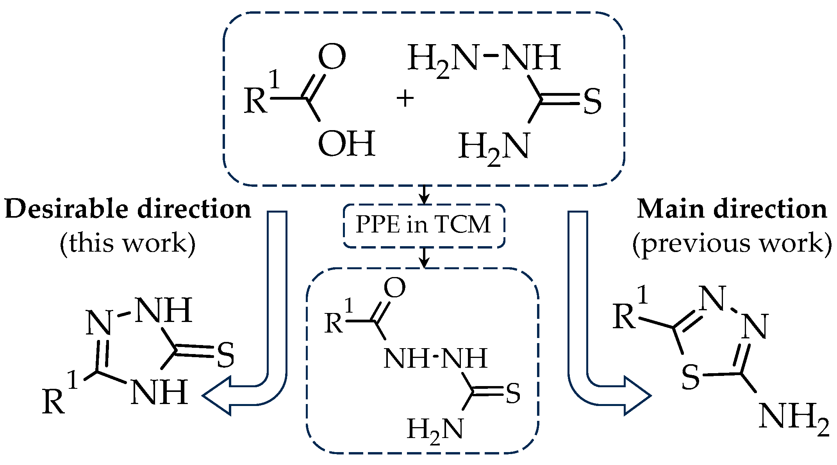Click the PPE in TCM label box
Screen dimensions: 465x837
[x=424, y=225]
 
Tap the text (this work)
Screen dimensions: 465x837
[x=128, y=243]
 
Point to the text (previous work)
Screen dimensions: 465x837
[x=732, y=243]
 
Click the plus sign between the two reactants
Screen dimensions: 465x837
[x=405, y=98]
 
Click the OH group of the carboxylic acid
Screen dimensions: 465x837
[x=346, y=144]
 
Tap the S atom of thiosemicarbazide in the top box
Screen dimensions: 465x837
[x=592, y=102]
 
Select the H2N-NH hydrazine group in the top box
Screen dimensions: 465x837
[x=484, y=58]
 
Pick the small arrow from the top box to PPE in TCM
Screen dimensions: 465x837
[x=424, y=194]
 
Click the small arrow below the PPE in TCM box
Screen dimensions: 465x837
[x=424, y=258]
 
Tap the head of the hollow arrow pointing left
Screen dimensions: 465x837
[x=217, y=395]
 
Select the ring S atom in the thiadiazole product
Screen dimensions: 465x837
[x=691, y=377]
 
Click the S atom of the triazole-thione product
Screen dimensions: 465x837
[x=225, y=355]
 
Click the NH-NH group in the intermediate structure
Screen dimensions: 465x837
[x=435, y=359]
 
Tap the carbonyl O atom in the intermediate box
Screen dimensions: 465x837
[x=394, y=288]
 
